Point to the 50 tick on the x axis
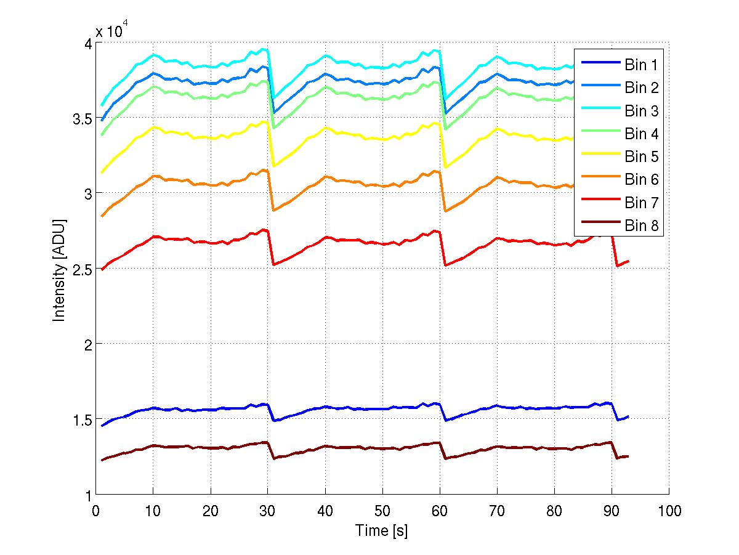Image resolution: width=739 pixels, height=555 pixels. tap(382, 511)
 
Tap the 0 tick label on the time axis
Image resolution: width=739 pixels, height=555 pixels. tap(96, 511)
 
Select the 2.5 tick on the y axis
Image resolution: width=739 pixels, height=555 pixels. tap(81, 269)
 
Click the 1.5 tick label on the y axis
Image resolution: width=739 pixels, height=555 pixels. tap(81, 419)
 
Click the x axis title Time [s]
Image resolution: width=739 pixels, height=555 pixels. tap(382, 530)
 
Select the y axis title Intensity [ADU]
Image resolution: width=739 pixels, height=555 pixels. tap(59, 269)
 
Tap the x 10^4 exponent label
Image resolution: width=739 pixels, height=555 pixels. tap(115, 31)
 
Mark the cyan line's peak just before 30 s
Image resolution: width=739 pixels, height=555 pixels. tap(264, 49)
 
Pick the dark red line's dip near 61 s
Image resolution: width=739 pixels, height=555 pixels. tap(445, 458)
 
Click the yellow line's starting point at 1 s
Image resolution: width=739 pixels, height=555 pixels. tap(102, 172)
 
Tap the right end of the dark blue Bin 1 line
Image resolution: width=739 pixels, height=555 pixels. tap(628, 416)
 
